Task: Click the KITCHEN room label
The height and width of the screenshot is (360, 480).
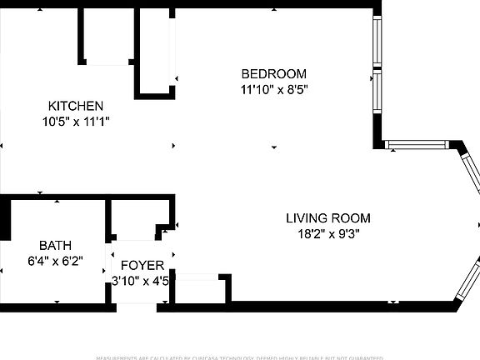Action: click(x=75, y=106)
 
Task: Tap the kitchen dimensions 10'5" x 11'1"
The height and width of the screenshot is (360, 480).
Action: click(x=75, y=121)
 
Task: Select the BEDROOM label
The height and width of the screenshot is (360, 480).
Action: click(x=273, y=73)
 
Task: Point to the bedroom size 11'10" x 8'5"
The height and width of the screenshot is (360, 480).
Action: click(x=273, y=88)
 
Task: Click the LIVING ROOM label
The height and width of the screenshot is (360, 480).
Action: click(x=327, y=218)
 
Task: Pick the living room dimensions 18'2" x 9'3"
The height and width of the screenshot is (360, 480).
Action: click(x=327, y=234)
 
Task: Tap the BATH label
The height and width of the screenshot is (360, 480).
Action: click(x=55, y=246)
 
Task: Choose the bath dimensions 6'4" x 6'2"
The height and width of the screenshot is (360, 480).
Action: click(x=55, y=261)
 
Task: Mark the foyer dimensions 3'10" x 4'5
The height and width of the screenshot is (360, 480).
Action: click(x=142, y=281)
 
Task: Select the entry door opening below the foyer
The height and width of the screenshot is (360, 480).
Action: click(x=138, y=307)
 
